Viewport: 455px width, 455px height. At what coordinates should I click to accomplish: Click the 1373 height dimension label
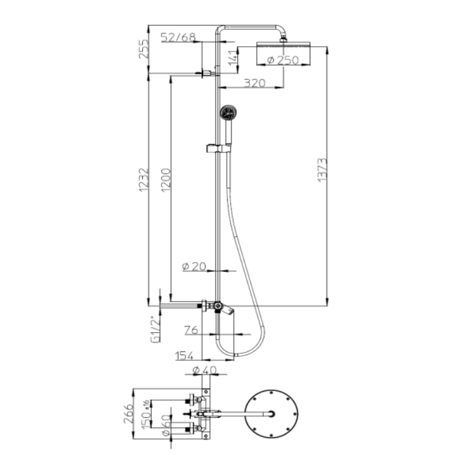pyautogui.click(x=322, y=170)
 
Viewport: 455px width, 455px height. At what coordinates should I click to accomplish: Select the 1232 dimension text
pyautogui.click(x=143, y=180)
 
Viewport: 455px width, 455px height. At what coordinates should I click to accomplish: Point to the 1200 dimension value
pyautogui.click(x=166, y=180)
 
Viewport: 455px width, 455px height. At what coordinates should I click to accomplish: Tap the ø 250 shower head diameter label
pyautogui.click(x=283, y=60)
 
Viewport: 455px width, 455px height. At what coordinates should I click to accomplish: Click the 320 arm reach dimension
pyautogui.click(x=255, y=83)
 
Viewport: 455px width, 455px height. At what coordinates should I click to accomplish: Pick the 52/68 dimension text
pyautogui.click(x=178, y=37)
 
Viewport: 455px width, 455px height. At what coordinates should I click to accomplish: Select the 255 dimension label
pyautogui.click(x=143, y=49)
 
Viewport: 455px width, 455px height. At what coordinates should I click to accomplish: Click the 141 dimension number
pyautogui.click(x=233, y=58)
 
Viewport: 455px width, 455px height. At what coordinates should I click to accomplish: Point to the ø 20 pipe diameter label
pyautogui.click(x=194, y=266)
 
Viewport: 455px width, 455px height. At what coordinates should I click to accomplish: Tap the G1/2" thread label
pyautogui.click(x=156, y=330)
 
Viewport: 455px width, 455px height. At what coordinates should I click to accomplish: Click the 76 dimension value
pyautogui.click(x=191, y=330)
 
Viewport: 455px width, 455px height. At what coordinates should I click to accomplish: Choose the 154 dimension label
pyautogui.click(x=184, y=356)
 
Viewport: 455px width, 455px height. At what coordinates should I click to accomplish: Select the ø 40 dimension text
pyautogui.click(x=205, y=371)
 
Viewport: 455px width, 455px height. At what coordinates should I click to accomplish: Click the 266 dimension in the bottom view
pyautogui.click(x=128, y=413)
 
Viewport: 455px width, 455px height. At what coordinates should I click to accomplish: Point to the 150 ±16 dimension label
pyautogui.click(x=146, y=414)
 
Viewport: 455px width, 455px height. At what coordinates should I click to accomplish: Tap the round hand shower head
pyautogui.click(x=228, y=112)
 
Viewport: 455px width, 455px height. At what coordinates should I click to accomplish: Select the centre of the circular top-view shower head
pyautogui.click(x=271, y=414)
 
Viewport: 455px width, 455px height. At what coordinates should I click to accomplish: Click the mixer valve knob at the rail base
pyautogui.click(x=218, y=305)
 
